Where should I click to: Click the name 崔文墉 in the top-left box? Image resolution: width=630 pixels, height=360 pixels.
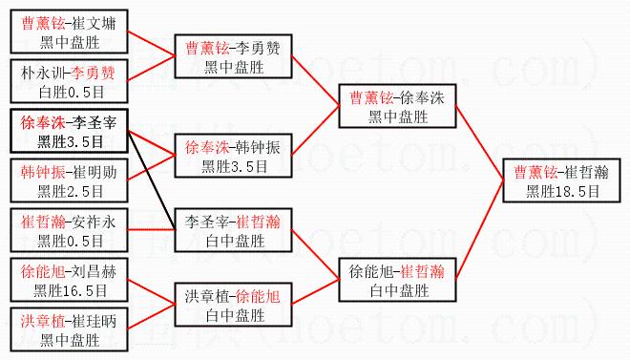click(x=94, y=23)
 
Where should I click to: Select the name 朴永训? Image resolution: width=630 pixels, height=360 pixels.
click(x=42, y=74)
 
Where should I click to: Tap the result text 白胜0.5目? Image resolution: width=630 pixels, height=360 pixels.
click(x=72, y=92)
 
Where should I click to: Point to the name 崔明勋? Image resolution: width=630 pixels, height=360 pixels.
click(x=94, y=173)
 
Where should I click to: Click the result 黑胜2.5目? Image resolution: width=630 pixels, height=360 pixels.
click(x=71, y=191)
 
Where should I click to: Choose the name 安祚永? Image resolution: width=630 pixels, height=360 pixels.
click(x=94, y=222)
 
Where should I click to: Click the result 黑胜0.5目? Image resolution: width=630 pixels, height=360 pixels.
click(x=71, y=241)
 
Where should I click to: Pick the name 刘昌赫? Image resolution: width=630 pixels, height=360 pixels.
click(x=94, y=272)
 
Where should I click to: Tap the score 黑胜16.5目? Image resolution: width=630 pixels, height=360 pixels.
click(x=71, y=290)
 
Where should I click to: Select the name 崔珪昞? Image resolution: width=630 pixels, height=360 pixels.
click(x=94, y=322)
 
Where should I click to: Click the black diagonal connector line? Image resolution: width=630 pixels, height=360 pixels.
click(x=152, y=180)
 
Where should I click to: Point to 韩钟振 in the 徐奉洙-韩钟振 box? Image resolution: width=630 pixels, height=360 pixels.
click(x=258, y=147)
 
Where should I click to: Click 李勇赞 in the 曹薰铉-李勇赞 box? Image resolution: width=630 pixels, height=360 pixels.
click(x=258, y=48)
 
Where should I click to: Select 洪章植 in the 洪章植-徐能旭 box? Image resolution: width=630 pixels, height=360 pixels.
click(x=206, y=297)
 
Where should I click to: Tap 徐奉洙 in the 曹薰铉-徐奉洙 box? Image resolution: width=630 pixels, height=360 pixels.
click(x=422, y=98)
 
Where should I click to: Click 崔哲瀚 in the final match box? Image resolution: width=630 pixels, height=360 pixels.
click(x=586, y=173)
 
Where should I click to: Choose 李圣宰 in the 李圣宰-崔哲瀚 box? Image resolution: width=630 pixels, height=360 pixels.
click(x=206, y=222)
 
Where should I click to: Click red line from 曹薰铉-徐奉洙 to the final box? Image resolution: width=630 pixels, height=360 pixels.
click(x=479, y=143)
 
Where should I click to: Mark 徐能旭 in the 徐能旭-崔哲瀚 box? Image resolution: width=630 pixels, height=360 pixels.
click(x=370, y=272)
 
